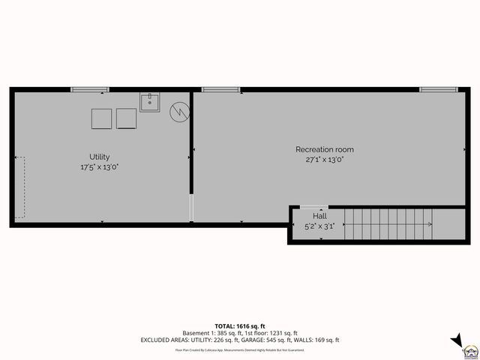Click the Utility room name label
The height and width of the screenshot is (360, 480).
[x=100, y=157]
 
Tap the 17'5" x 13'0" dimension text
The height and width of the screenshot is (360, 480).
[x=100, y=166]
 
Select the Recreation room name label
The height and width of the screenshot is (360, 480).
[x=324, y=149]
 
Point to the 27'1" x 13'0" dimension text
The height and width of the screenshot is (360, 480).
[x=324, y=159]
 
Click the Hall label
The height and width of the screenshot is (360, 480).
[x=319, y=216]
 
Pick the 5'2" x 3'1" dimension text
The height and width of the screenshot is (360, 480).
[x=319, y=226]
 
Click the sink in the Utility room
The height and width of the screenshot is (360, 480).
[x=149, y=102]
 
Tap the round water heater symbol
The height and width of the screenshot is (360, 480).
[x=179, y=112]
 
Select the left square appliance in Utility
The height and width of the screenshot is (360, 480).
[x=101, y=118]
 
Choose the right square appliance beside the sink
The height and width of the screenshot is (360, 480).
[x=127, y=118]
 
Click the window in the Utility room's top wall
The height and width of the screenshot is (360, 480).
[x=90, y=90]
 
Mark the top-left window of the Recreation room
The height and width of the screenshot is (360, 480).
[x=215, y=90]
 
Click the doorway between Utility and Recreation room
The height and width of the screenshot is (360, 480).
[x=191, y=208]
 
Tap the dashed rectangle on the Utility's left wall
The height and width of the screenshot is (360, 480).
[x=19, y=187]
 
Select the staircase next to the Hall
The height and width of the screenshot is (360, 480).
[x=388, y=224]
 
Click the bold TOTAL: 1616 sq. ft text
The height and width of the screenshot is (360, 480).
[x=240, y=325]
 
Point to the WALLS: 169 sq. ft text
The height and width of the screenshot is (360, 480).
[x=319, y=340]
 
